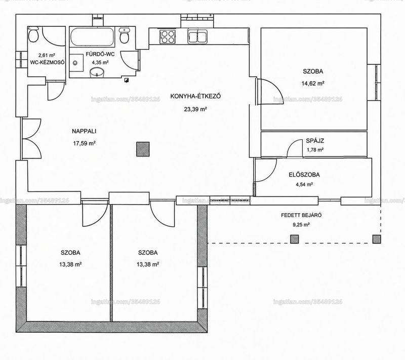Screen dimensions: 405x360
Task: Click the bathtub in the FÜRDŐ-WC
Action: point(92,36)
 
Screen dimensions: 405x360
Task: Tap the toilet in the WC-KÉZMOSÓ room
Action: point(33,34)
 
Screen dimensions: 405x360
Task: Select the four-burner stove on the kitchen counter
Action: point(168,36)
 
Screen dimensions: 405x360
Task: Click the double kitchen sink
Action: point(197,36)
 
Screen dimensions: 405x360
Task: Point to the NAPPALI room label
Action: point(84,131)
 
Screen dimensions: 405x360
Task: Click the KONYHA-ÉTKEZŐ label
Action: point(195,96)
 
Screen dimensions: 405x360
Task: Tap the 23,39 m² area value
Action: point(195,109)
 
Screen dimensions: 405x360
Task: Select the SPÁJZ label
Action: point(315,141)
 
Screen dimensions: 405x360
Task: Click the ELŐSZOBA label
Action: point(304,175)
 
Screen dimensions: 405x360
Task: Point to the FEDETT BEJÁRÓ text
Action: point(301,215)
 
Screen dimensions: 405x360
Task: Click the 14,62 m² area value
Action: point(313,84)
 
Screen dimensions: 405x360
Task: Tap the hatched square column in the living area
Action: point(143,149)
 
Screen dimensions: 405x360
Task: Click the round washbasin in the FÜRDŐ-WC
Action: point(97,72)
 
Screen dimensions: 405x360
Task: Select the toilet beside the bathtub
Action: point(125,36)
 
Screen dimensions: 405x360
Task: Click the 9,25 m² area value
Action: point(301,225)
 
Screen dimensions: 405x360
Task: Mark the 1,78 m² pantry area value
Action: point(315,149)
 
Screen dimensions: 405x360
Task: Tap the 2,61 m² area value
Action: point(47,55)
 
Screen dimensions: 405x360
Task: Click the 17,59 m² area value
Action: point(84,143)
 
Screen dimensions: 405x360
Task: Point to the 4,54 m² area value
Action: point(304,184)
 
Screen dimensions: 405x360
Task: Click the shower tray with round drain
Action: point(76,62)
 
